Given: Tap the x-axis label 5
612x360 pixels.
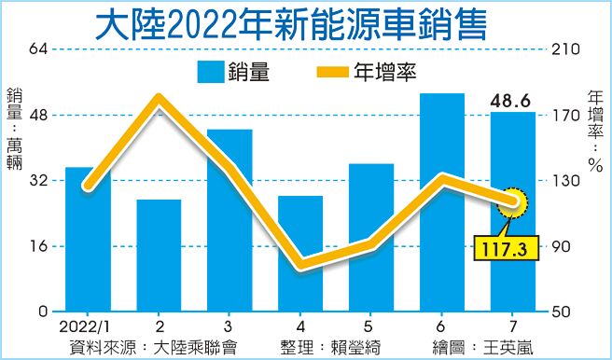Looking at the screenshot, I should coord(370,326).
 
